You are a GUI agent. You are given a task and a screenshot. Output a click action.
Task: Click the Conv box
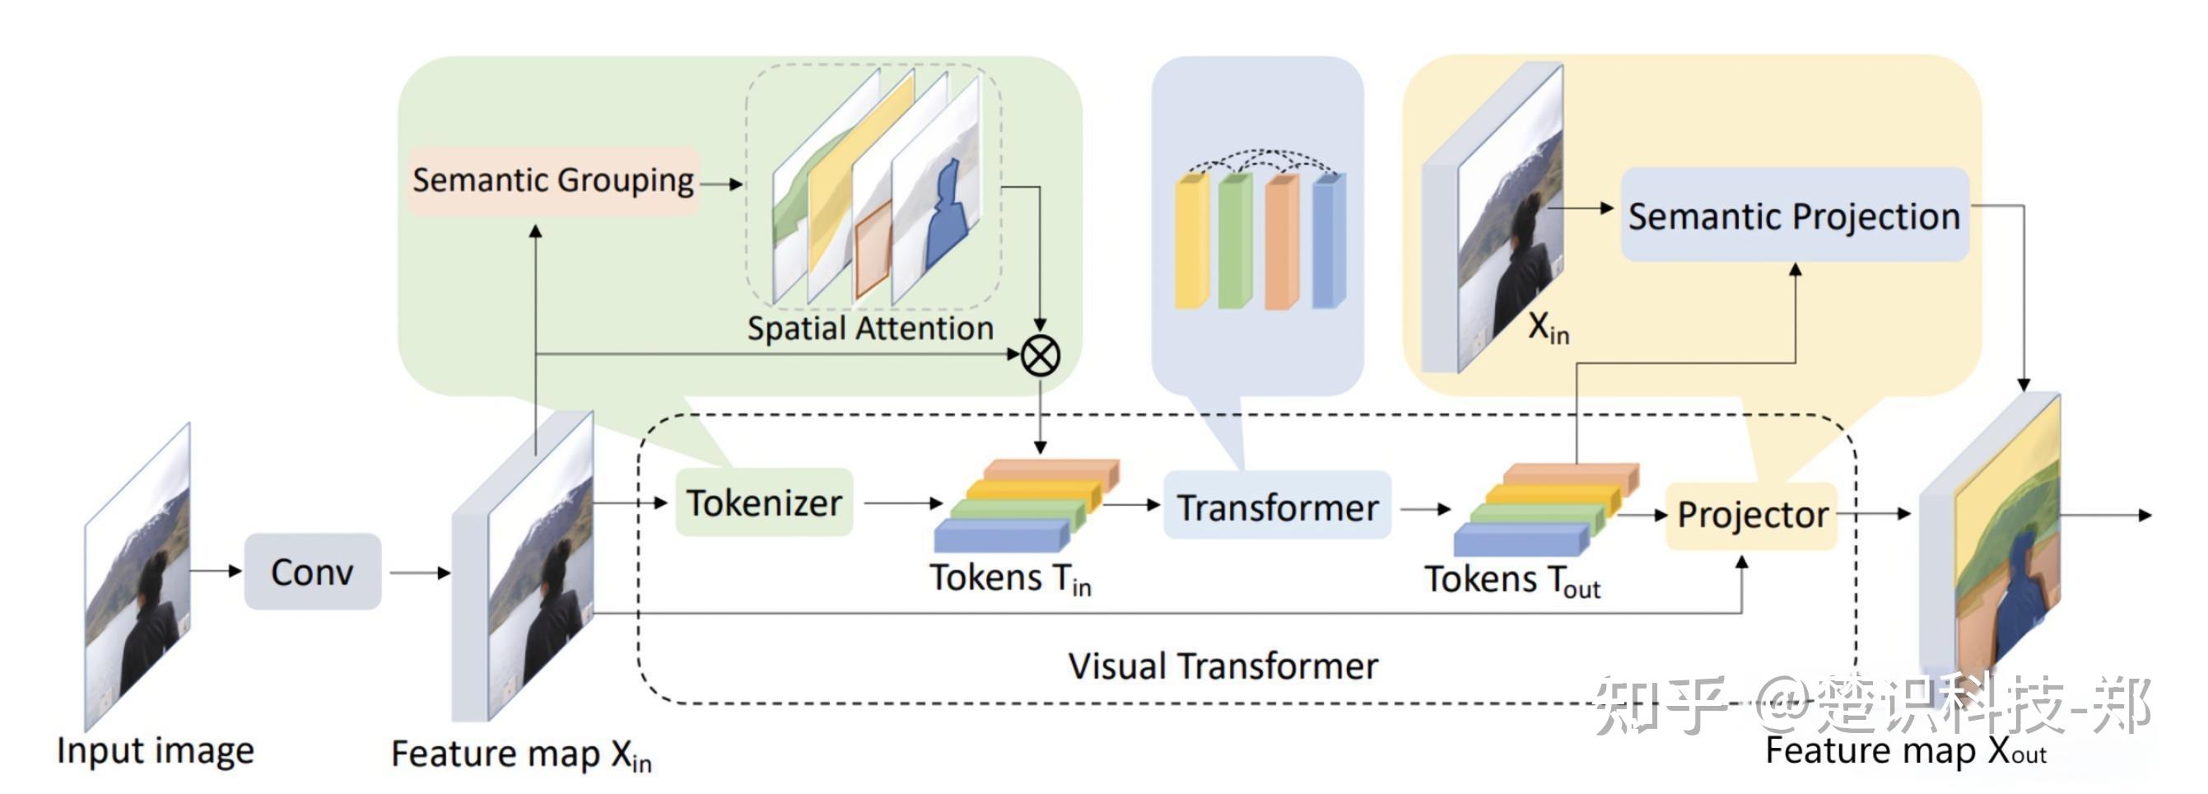(312, 572)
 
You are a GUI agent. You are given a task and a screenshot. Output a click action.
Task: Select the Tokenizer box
(764, 503)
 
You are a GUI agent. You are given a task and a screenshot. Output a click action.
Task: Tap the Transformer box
(1277, 507)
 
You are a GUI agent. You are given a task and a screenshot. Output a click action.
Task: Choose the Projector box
(1751, 515)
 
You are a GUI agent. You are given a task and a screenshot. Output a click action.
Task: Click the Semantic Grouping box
(553, 181)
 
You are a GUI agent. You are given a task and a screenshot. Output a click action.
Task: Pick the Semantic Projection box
(1794, 216)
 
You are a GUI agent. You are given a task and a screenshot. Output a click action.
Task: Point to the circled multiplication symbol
(1040, 356)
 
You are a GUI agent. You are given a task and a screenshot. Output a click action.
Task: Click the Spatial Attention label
(870, 329)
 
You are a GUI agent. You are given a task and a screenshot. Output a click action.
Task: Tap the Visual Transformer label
(1223, 666)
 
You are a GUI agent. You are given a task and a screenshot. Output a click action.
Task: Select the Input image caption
(155, 750)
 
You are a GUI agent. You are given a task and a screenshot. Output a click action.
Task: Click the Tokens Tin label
(1009, 579)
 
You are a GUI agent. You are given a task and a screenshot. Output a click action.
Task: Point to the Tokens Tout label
(1512, 581)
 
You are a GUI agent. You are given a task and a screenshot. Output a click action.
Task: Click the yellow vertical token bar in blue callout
(1190, 242)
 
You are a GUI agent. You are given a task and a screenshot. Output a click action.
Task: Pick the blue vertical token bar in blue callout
(1328, 242)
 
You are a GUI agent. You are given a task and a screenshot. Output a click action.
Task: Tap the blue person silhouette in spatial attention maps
(949, 214)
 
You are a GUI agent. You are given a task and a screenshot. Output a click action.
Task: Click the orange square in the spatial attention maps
(873, 250)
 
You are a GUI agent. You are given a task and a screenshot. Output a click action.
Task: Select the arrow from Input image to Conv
(216, 570)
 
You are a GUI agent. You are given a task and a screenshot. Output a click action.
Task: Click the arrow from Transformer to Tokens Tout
(1424, 509)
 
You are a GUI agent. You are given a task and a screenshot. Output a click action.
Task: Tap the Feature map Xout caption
(1904, 751)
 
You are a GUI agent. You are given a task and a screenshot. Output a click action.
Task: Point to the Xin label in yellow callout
(1548, 329)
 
